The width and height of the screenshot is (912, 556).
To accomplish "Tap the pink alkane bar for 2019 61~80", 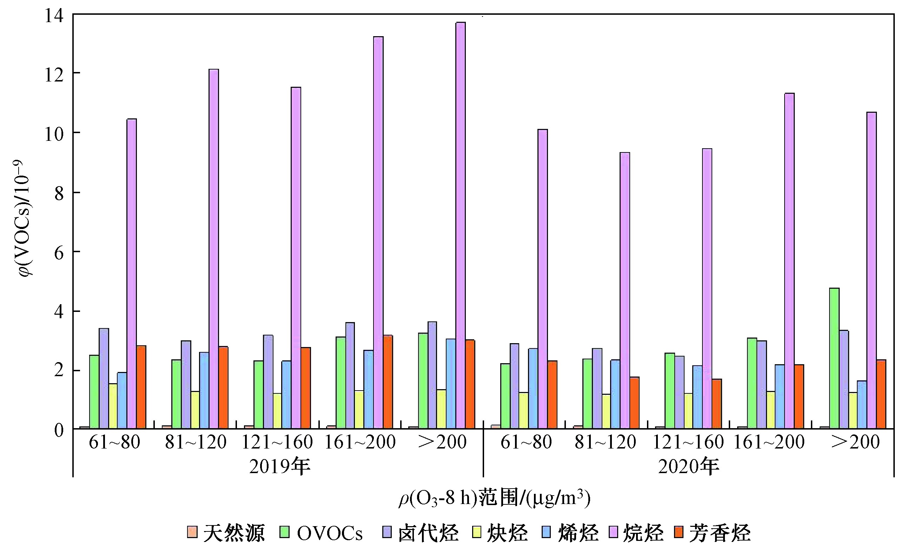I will point(132,274).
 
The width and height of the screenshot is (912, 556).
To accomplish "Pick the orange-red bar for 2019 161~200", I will point(388,382).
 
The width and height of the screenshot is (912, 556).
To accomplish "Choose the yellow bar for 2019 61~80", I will point(113,406).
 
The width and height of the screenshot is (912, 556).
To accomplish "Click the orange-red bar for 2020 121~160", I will point(716,404).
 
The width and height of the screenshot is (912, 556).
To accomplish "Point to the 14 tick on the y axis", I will point(54,15).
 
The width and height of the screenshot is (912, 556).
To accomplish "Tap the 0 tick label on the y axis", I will point(59,430).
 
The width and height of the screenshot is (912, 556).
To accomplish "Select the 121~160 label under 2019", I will point(277,442).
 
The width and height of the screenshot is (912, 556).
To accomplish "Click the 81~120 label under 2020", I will point(605,442).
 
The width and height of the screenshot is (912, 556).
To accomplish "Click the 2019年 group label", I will point(279,466).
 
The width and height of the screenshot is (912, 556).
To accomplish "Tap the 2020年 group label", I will point(688,466).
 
